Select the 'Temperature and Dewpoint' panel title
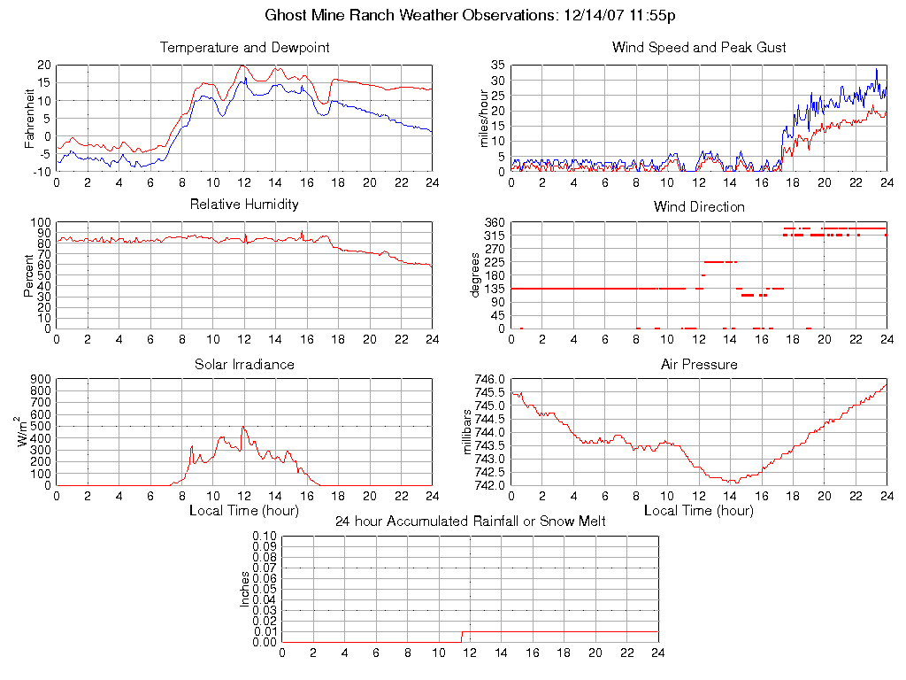244,48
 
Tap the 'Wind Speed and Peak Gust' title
699,48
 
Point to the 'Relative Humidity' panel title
244,205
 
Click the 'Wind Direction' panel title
699,207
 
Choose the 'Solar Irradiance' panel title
244,364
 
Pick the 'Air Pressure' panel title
699,364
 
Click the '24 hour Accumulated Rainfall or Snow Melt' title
470,522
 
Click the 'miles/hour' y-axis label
485,118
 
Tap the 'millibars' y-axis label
470,431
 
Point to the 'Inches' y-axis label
245,589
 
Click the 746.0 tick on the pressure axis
489,379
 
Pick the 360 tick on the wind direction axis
494,222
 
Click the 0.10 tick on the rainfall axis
264,536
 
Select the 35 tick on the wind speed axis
497,66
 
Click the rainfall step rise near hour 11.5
462,637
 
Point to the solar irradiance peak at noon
243,428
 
